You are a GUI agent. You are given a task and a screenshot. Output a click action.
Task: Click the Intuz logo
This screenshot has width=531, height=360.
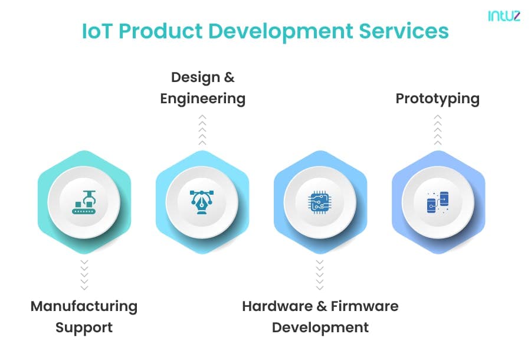tap(504, 15)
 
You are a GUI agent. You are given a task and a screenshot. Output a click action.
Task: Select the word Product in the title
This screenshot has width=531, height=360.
tap(160, 31)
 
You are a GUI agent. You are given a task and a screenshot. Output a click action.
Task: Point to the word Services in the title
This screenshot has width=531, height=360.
tap(404, 31)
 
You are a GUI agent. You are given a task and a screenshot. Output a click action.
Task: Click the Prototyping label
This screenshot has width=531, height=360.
tap(438, 99)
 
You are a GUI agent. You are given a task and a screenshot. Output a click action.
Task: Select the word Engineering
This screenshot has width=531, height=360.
tap(203, 99)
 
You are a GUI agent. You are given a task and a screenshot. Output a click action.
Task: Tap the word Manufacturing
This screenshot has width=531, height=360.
tap(84, 306)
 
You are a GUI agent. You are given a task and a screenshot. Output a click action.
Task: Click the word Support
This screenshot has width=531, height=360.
tap(84, 328)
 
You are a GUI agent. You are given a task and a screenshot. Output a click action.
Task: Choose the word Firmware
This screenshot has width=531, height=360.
tap(365, 306)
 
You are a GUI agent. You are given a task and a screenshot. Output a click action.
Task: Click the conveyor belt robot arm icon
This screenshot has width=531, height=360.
tap(84, 202)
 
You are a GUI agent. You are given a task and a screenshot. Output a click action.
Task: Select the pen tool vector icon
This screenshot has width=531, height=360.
tap(202, 202)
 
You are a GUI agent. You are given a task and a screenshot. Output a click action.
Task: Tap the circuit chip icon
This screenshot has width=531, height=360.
tap(320, 202)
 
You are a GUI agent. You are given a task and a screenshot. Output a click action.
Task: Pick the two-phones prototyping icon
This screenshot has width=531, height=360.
tap(438, 202)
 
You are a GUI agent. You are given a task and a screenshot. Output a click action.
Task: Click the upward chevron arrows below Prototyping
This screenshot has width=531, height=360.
tap(438, 130)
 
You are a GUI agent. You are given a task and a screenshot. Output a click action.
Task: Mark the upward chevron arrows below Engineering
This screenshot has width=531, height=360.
tap(202, 130)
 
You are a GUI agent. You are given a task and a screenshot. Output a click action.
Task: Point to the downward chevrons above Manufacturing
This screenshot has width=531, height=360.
tap(84, 275)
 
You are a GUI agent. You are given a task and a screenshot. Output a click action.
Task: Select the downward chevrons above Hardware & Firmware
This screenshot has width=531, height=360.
tap(320, 275)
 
